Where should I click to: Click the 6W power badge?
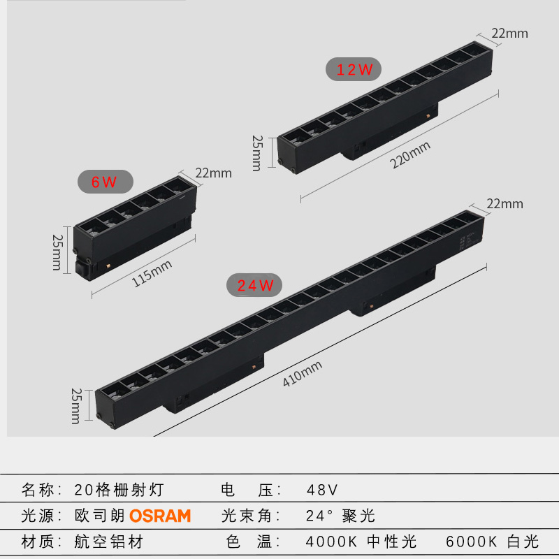click(104, 183)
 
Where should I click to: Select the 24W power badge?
click(254, 285)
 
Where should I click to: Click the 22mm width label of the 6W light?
click(213, 173)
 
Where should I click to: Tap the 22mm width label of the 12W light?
click(510, 33)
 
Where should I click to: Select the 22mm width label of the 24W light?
click(504, 204)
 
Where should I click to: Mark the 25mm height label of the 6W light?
click(57, 252)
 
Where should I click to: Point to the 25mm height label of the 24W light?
click(75, 405)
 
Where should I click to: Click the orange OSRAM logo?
click(160, 516)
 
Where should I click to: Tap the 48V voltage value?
click(322, 489)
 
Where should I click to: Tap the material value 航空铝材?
click(108, 541)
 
